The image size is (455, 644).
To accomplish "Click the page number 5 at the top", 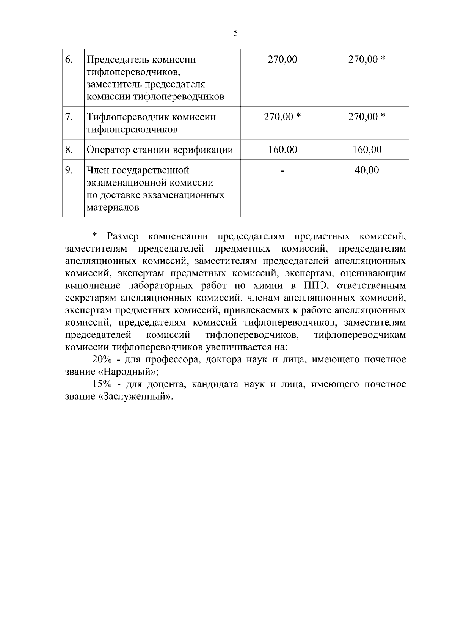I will pos(235,33).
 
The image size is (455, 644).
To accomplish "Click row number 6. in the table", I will pos(69,60).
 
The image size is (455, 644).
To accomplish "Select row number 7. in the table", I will pos(69,117).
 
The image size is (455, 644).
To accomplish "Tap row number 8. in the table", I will pos(69,150).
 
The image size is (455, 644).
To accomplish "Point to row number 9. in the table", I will pos(69,170).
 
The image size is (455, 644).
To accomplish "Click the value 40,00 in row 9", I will pos(367,170).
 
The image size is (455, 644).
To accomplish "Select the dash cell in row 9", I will pos(282,171).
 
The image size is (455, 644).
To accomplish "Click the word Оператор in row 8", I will pos(108,150).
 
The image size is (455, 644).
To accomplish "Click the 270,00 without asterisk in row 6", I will pos(282,60).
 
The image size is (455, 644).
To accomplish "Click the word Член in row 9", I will pos(99,170).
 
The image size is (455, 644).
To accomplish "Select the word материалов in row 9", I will pos(113,208).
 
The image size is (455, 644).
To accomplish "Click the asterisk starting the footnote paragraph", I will pos(96,236).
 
